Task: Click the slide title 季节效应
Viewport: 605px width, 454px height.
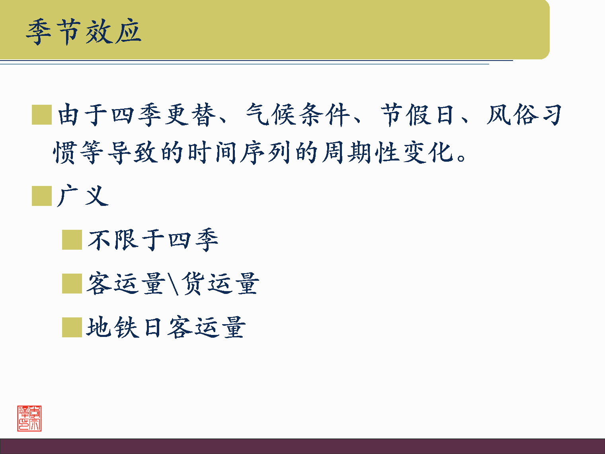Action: [x=84, y=31]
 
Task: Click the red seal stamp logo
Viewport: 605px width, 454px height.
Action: [x=29, y=419]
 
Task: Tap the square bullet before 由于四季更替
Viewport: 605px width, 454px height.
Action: [x=42, y=115]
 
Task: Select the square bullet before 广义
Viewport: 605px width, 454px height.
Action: [x=42, y=196]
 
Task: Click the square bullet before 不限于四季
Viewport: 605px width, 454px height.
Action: [x=72, y=240]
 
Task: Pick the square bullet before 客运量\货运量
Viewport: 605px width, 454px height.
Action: [x=72, y=284]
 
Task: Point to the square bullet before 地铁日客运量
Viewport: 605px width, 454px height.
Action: [x=72, y=327]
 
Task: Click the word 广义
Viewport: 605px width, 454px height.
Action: [x=83, y=196]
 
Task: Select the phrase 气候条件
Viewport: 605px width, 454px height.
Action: [x=298, y=115]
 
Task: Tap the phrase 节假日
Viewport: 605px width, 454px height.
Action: [x=418, y=115]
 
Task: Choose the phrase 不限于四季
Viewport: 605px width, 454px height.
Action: [x=153, y=240]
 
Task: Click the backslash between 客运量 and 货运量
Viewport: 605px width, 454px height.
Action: [x=174, y=284]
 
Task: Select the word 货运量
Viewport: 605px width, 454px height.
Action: [x=220, y=284]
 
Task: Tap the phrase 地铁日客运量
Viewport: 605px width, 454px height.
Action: [x=166, y=327]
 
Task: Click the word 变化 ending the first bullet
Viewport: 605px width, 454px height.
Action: [x=428, y=153]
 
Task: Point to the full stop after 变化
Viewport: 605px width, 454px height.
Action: [x=462, y=158]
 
